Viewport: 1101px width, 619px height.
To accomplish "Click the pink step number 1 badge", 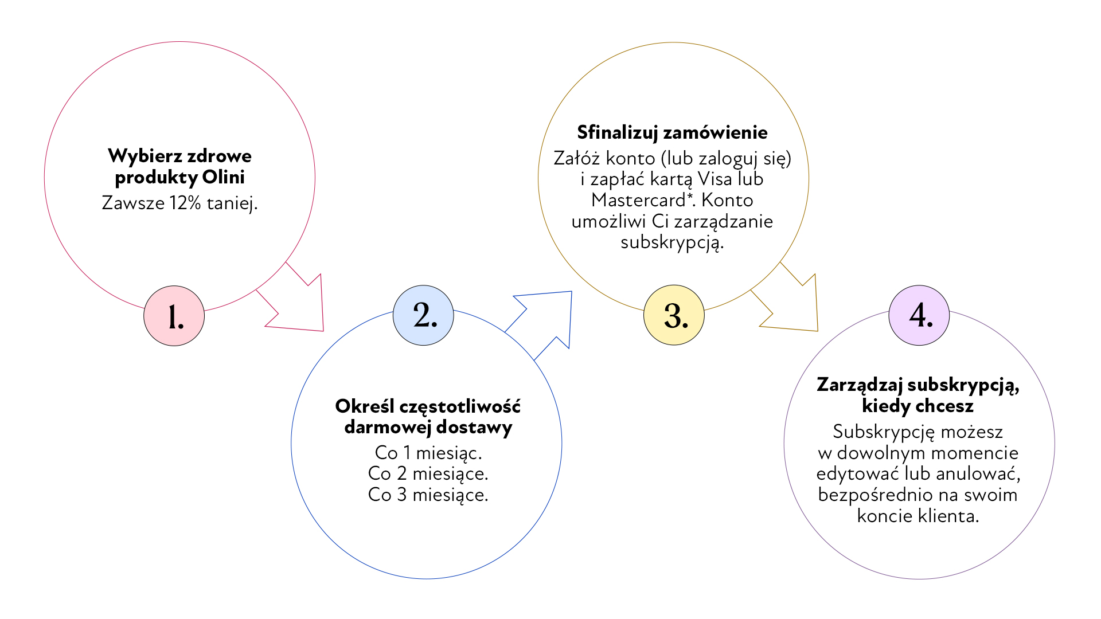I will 174,316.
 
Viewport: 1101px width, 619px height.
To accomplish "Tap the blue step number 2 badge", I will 423,315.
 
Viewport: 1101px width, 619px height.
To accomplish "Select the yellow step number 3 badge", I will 674,315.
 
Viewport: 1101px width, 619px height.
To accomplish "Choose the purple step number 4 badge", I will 919,315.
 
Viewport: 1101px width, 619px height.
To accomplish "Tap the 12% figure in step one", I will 185,203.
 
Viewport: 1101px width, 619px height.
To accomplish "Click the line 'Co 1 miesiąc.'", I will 428,453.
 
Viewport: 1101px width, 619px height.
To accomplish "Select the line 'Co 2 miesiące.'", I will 428,473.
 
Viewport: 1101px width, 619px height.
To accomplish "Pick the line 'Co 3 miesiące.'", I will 428,495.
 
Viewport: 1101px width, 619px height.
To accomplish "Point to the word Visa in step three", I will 715,179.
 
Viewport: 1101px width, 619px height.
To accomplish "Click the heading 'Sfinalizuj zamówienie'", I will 672,132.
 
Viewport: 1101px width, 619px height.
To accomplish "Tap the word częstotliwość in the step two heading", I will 460,406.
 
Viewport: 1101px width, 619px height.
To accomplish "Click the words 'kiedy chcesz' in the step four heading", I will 918,406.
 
